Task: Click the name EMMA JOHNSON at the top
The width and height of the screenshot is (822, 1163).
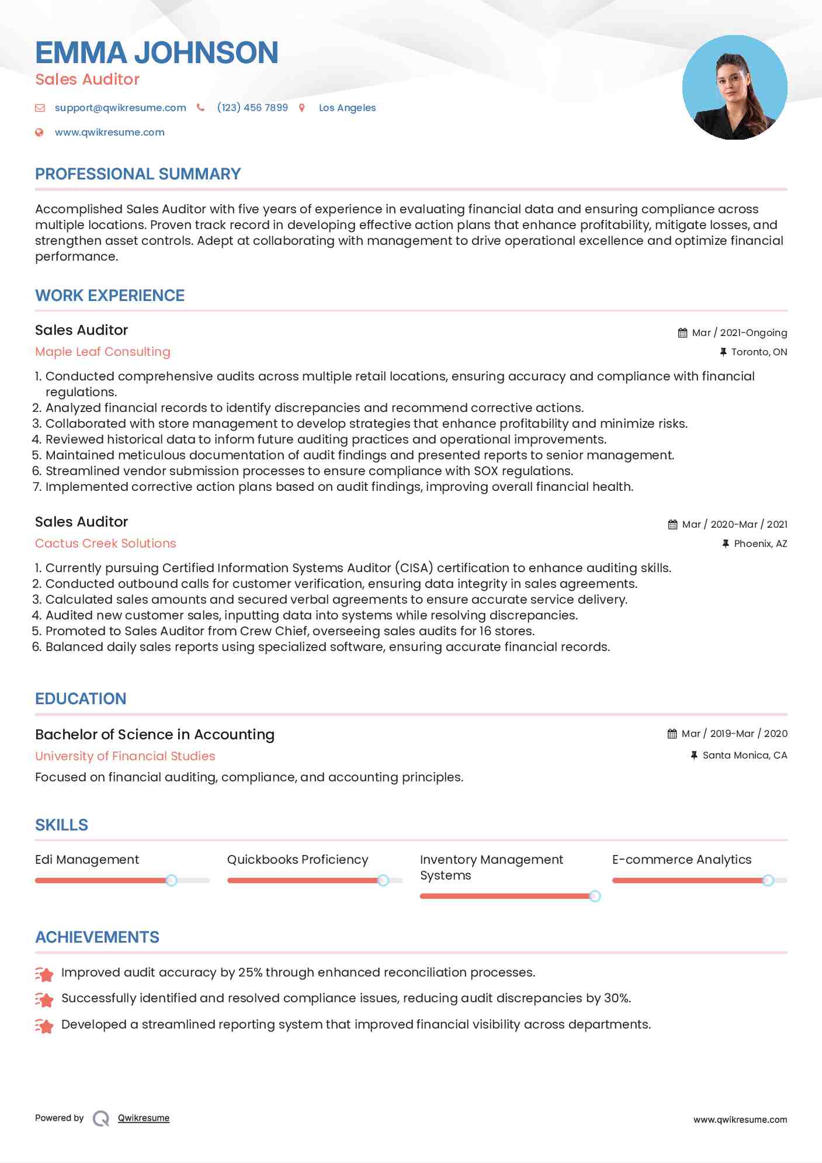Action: click(x=157, y=53)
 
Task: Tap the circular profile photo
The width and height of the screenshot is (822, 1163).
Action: click(x=734, y=88)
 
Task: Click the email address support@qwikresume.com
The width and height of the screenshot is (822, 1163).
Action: click(x=120, y=108)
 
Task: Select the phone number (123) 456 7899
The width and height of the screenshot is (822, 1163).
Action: click(x=252, y=108)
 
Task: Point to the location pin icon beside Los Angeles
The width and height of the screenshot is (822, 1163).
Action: click(x=302, y=108)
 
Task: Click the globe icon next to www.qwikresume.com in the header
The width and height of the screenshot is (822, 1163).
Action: click(x=39, y=132)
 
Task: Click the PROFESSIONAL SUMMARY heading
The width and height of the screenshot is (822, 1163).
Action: click(x=138, y=174)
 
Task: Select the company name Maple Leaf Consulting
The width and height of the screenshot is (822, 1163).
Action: click(x=103, y=352)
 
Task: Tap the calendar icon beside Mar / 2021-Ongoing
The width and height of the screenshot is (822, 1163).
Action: click(x=682, y=333)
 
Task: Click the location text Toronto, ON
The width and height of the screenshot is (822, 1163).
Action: click(x=759, y=352)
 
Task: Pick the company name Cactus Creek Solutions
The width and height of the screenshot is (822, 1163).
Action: click(x=105, y=544)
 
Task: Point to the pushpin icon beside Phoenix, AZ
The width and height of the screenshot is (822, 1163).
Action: click(x=726, y=544)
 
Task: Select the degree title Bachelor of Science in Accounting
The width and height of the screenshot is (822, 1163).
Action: click(x=155, y=735)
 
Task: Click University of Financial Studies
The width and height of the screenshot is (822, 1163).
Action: click(x=125, y=756)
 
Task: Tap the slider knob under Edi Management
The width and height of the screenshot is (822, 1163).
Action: click(x=171, y=880)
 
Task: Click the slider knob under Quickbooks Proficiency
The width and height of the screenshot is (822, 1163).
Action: click(x=383, y=880)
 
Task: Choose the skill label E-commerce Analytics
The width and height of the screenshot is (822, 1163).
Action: click(x=682, y=860)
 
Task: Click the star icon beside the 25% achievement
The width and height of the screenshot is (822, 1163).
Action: click(x=44, y=974)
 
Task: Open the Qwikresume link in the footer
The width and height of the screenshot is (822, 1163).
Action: click(x=144, y=1118)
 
